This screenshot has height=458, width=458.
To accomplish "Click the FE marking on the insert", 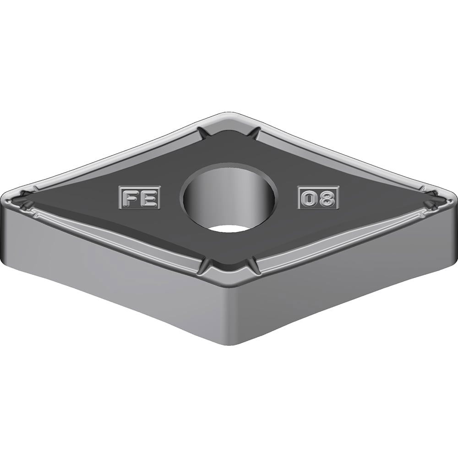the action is [140, 198].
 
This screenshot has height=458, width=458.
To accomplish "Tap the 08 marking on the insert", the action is [318, 198].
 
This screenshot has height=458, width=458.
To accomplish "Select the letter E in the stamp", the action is [149, 198].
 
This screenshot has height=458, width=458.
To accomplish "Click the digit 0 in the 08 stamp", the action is [309, 199].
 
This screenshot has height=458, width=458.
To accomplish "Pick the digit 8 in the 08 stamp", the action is [327, 199].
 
